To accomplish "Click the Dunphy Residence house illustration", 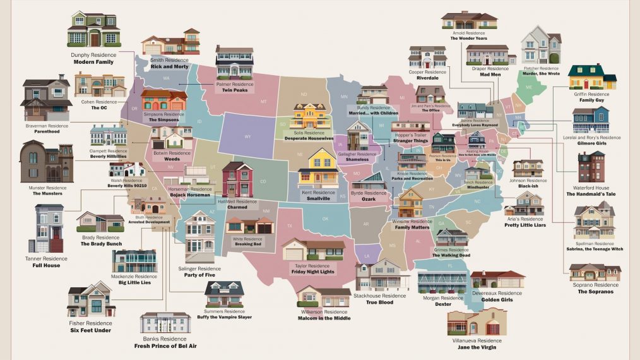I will click(x=94, y=29).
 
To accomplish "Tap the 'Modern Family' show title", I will click(x=93, y=63).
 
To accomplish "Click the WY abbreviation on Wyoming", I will click(x=247, y=136).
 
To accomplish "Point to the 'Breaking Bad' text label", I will click(x=248, y=244).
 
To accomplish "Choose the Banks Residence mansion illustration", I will click(x=165, y=323).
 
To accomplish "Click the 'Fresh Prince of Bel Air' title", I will click(x=165, y=346).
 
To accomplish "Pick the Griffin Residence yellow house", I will click(x=591, y=77).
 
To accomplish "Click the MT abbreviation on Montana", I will click(x=264, y=102).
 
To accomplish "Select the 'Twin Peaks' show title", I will click(x=234, y=90).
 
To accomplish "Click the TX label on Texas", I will click(x=290, y=226).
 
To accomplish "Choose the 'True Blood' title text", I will click(x=379, y=303).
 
